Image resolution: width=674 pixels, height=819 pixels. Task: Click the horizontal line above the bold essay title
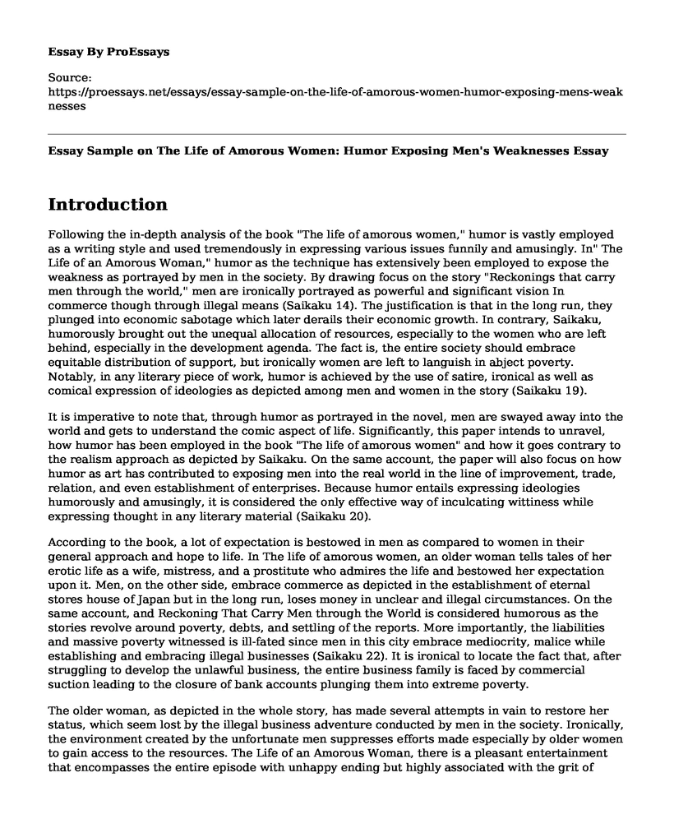pyautogui.click(x=337, y=134)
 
